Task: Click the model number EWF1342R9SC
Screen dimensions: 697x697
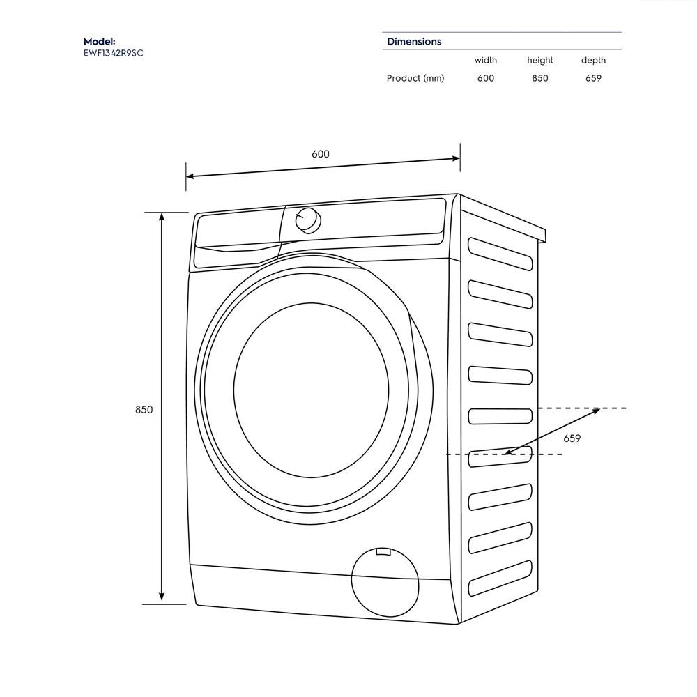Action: click(x=113, y=53)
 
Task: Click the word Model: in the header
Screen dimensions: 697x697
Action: click(x=99, y=42)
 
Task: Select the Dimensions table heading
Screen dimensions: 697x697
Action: click(x=414, y=42)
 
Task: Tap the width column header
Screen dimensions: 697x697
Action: click(x=486, y=61)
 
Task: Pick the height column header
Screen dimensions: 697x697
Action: click(x=539, y=61)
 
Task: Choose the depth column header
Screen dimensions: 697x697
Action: click(x=593, y=61)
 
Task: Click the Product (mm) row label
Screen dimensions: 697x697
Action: click(x=415, y=78)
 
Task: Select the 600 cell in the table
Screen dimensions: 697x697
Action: click(x=486, y=78)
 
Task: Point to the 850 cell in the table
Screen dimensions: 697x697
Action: click(x=539, y=78)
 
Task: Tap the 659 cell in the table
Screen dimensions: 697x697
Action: click(x=593, y=78)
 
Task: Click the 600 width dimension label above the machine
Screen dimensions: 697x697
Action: click(x=321, y=154)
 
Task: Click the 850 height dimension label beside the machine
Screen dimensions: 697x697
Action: click(x=144, y=410)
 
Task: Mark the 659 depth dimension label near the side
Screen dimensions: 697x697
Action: click(x=572, y=438)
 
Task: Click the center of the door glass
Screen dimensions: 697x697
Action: click(x=311, y=390)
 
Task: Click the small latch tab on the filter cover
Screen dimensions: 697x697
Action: click(x=383, y=553)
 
